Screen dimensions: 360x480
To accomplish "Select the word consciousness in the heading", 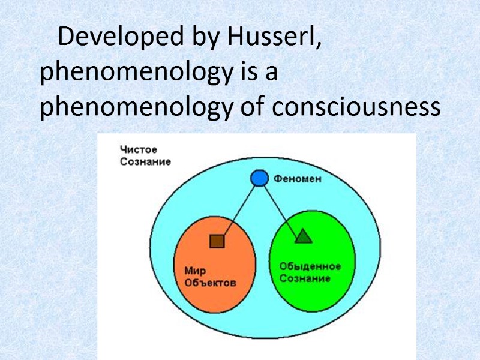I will point(356,109).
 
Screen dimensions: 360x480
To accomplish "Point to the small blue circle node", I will point(259,178).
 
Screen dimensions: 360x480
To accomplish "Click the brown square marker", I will point(216,241).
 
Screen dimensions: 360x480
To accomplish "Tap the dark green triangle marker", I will point(303,236).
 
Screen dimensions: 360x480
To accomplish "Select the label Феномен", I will point(298,178).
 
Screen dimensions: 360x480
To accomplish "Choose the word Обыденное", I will point(310,266).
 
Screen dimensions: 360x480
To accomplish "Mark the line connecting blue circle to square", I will point(238,212).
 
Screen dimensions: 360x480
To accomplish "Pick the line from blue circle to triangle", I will point(281,208).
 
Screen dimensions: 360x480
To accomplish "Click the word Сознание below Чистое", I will point(145,161).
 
